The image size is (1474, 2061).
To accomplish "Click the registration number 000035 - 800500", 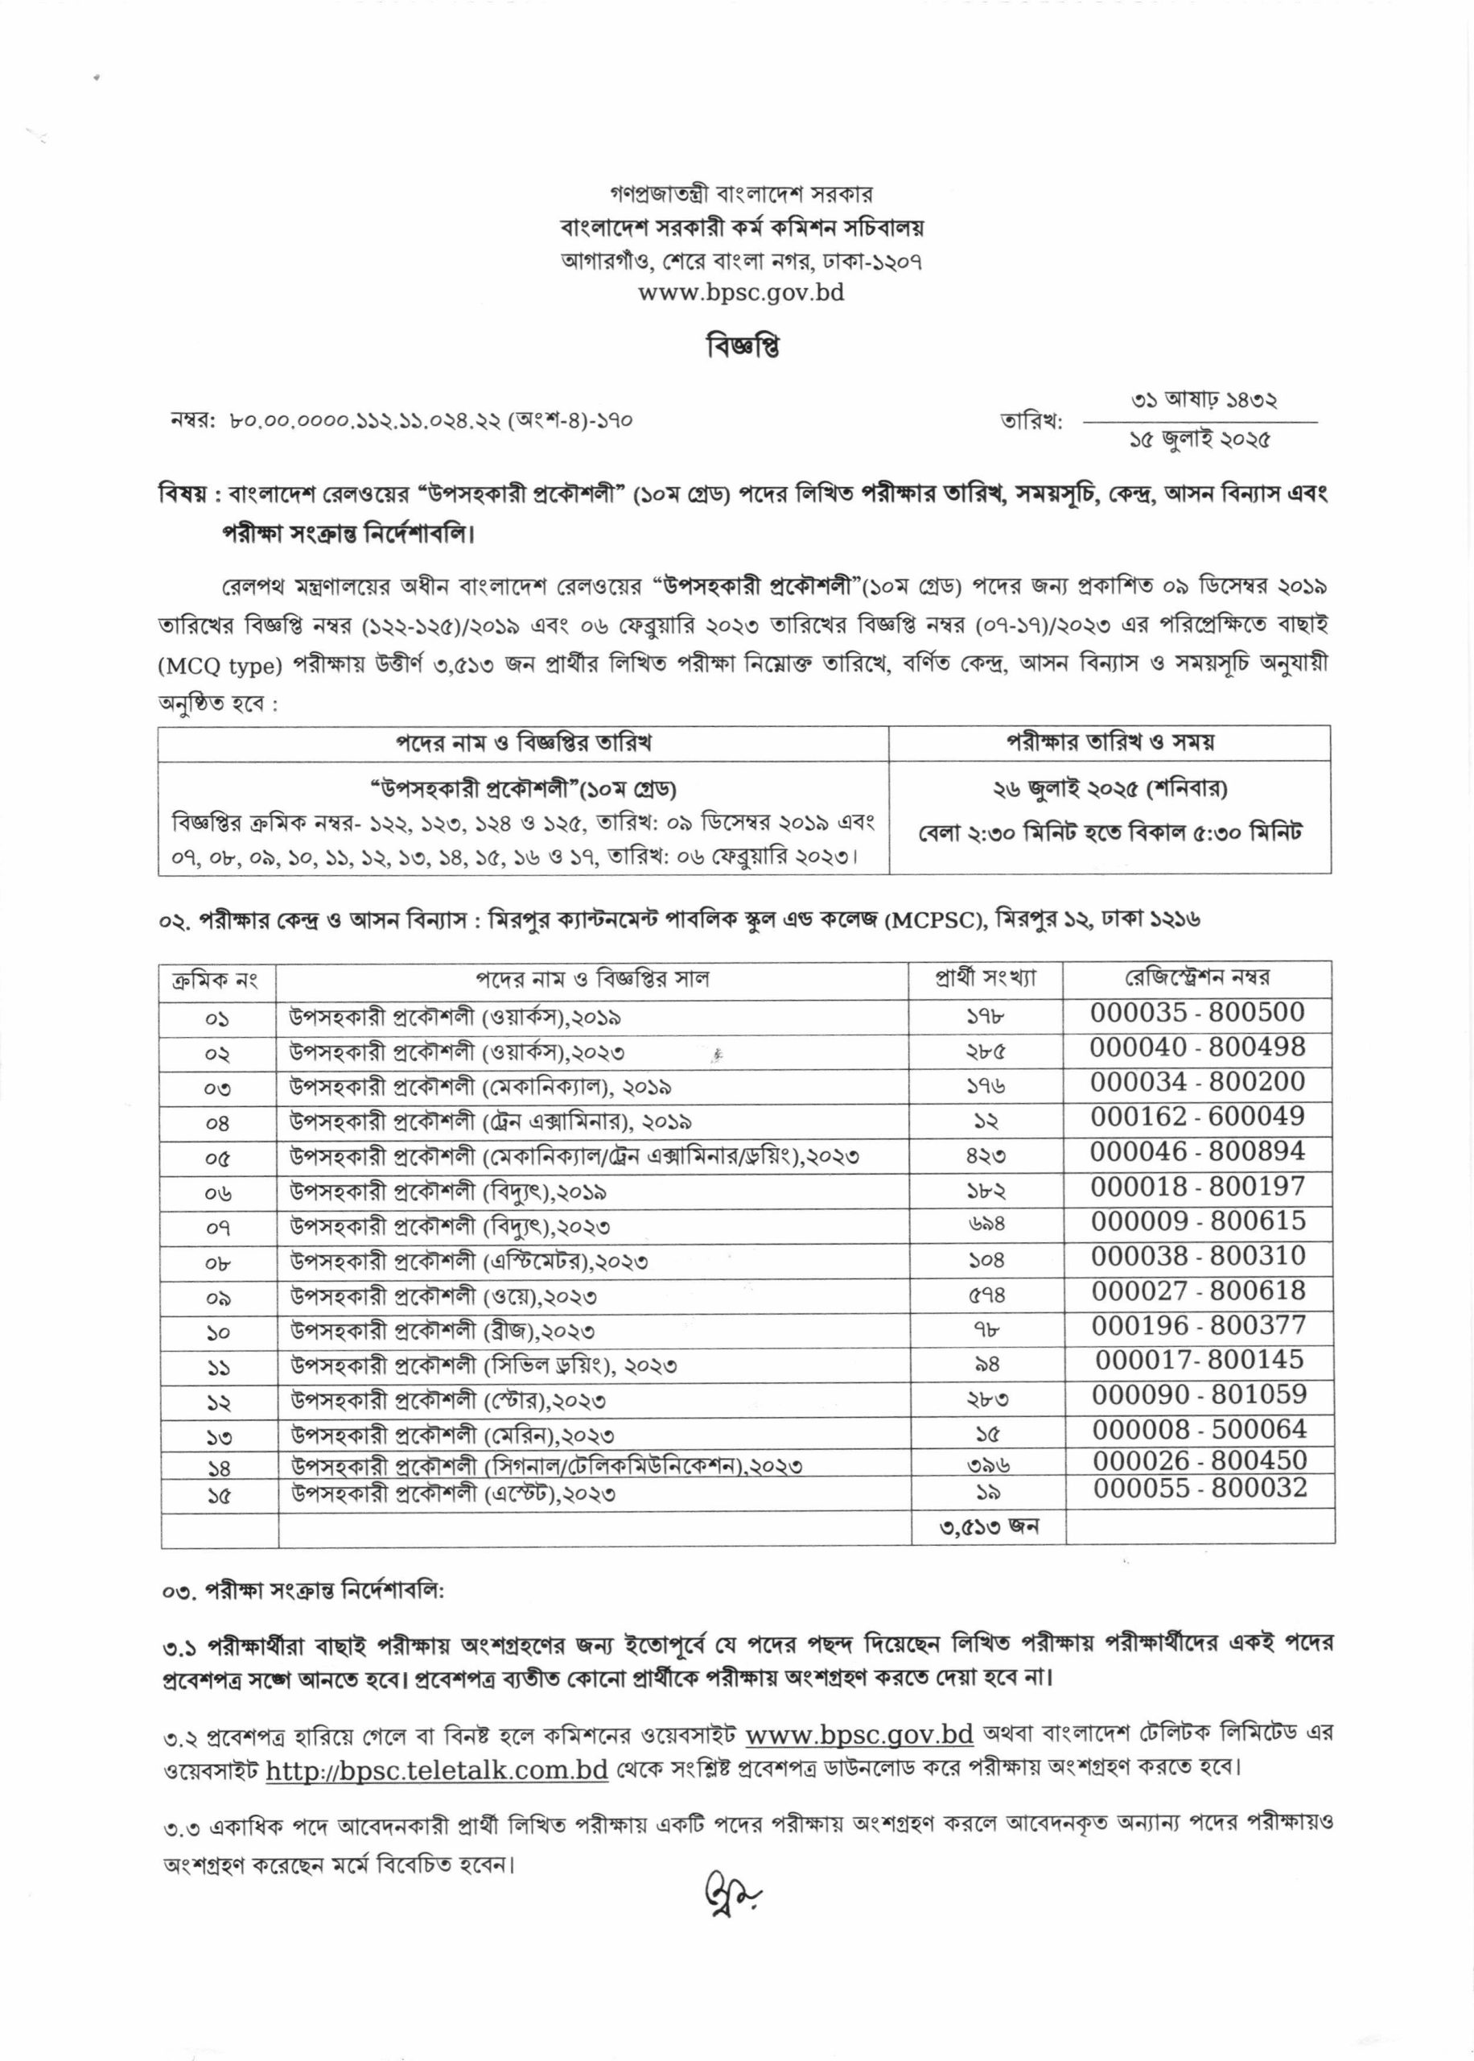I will [1197, 1012].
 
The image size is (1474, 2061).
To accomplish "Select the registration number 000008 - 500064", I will [1199, 1429].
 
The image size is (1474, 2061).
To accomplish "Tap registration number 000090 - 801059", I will [1199, 1394].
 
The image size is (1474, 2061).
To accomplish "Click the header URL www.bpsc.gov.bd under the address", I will [741, 292].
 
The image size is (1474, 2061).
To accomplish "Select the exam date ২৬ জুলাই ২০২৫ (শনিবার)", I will [1110, 788].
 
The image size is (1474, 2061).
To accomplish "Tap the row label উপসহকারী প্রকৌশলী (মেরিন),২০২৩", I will [452, 1435].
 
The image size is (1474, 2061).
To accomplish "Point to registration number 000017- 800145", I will [1199, 1359].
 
